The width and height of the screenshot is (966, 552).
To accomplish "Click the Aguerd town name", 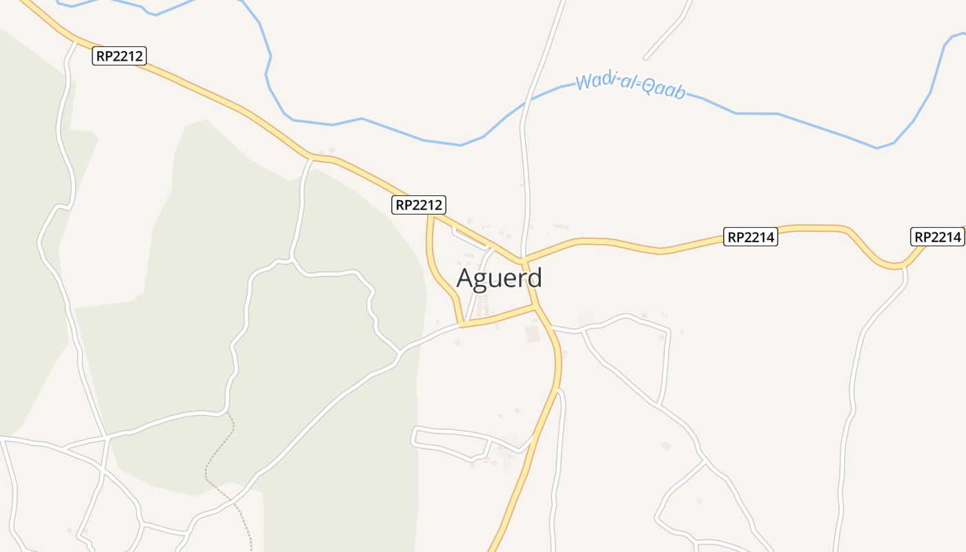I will (x=500, y=278).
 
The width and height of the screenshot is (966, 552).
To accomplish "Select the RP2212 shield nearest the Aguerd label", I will (x=419, y=205).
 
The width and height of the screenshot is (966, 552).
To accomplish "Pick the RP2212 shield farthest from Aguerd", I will (x=119, y=56).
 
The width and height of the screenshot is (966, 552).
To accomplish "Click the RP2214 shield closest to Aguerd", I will (x=751, y=237).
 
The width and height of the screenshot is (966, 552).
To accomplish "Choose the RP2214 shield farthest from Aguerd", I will (x=938, y=237).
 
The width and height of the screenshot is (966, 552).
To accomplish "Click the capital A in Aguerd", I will (x=466, y=279).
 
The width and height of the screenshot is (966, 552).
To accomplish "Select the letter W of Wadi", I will (x=584, y=81).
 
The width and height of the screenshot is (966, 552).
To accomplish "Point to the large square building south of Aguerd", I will (x=532, y=334).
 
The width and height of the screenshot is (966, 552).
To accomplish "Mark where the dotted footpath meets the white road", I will (x=227, y=413).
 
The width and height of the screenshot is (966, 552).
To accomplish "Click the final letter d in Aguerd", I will (x=533, y=277).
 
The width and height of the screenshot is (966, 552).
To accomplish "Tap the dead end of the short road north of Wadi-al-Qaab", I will (x=646, y=58).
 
